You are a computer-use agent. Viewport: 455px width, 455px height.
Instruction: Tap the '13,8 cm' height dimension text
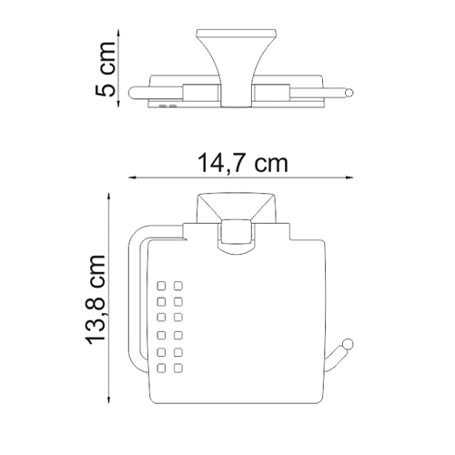point(96,300)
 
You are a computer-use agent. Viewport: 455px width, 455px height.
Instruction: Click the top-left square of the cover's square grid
point(160,283)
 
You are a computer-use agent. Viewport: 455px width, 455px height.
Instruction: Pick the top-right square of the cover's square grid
point(177,283)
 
